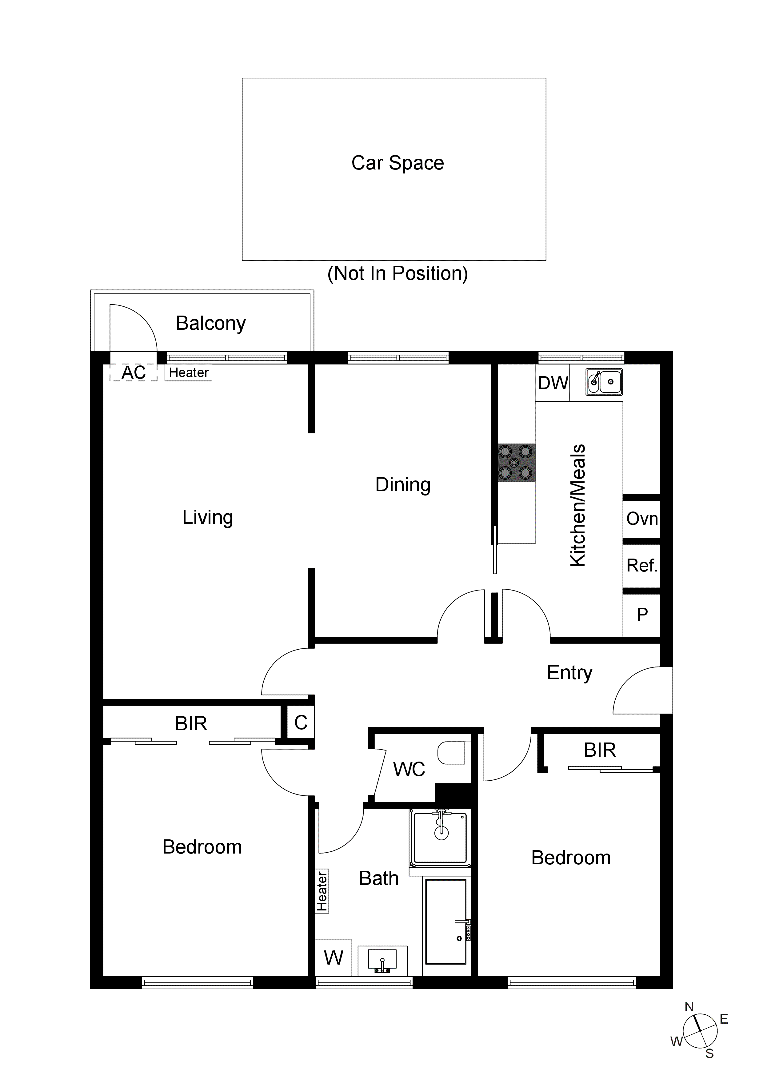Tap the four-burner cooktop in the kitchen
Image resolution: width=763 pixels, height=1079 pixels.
coord(516,462)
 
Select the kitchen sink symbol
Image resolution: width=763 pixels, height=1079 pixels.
coord(604,382)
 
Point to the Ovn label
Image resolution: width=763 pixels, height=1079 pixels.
coord(642,519)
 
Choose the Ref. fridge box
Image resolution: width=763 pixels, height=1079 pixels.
coord(642,565)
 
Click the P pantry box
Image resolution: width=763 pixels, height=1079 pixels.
coord(642,615)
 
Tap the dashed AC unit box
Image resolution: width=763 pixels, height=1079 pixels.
coord(134,373)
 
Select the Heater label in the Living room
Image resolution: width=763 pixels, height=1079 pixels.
coord(189,373)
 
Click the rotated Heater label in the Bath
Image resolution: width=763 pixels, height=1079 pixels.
coord(322,891)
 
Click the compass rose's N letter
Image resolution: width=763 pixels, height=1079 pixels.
coord(689,1007)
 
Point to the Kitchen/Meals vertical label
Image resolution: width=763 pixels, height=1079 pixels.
coord(578,505)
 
